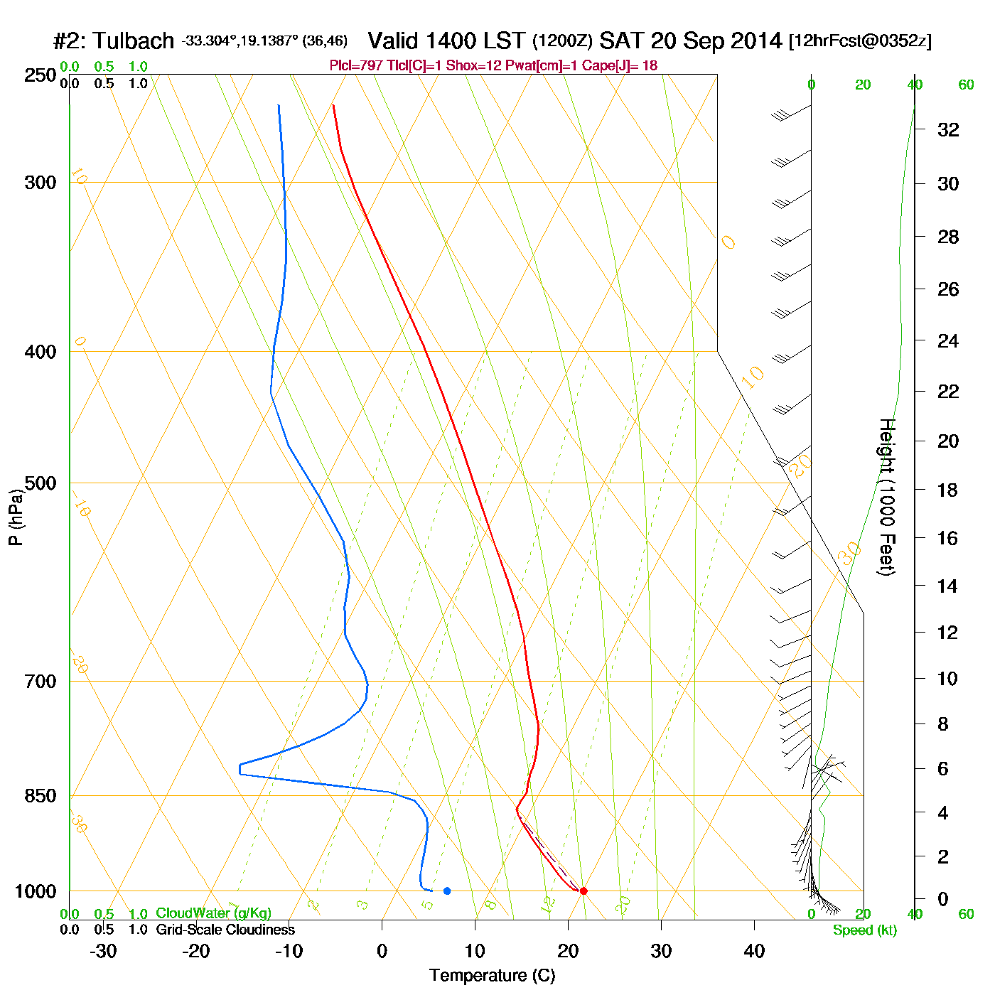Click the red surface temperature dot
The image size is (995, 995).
click(x=583, y=891)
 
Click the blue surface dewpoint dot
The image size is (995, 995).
click(x=447, y=891)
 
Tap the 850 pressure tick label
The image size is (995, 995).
click(x=41, y=796)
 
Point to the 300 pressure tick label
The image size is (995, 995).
click(x=41, y=183)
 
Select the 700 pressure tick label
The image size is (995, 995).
click(x=41, y=682)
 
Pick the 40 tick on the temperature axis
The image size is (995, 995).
click(x=754, y=951)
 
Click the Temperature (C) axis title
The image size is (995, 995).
click(x=492, y=975)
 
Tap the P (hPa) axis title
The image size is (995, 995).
click(x=16, y=517)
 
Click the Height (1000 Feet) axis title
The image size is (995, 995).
click(x=887, y=497)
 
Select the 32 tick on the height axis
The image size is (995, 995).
click(x=948, y=129)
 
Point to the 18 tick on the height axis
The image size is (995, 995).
click(x=948, y=490)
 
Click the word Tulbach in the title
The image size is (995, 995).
click(x=133, y=41)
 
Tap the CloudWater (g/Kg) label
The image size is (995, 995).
click(x=213, y=913)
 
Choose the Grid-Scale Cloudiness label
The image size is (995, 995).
click(x=225, y=930)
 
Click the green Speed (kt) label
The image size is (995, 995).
click(x=865, y=930)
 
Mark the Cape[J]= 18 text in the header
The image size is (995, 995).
click(x=620, y=66)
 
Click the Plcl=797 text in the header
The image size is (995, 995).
click(x=355, y=66)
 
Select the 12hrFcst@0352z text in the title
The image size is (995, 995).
click(x=860, y=41)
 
